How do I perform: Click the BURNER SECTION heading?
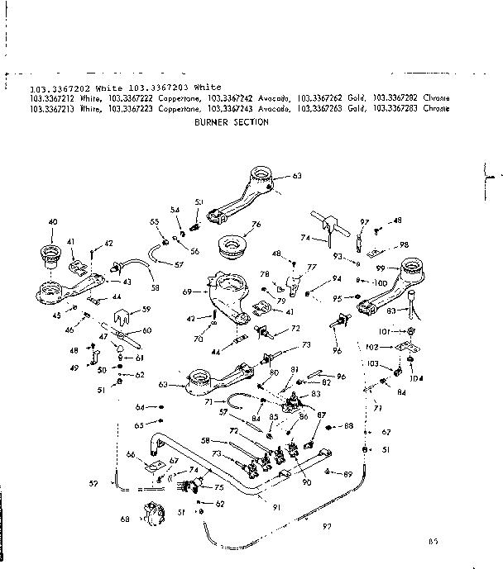231,121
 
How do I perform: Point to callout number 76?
256,224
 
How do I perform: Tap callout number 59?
146,310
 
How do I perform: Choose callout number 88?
348,426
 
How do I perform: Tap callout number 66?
130,453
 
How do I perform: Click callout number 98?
404,245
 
